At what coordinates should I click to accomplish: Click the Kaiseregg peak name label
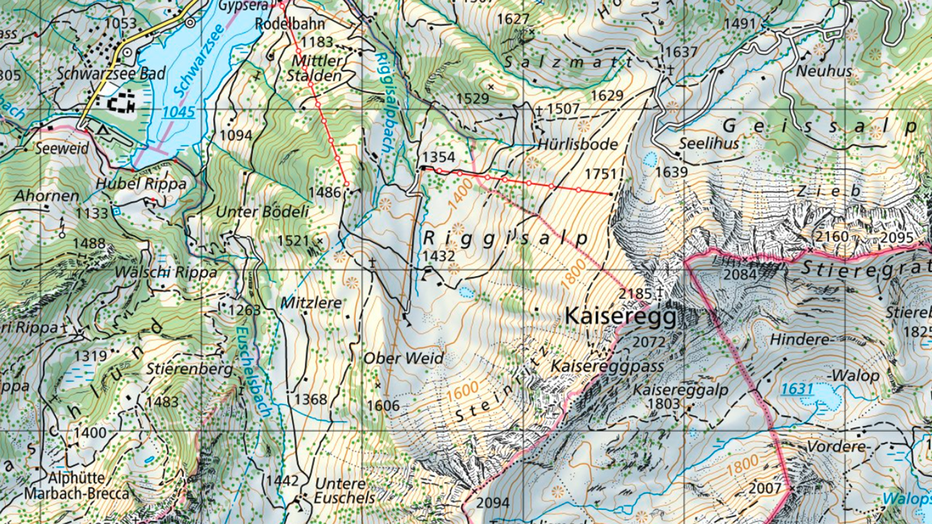click(x=620, y=317)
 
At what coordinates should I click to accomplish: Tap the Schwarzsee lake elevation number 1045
click(x=178, y=112)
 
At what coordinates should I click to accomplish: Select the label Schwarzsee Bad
click(x=112, y=73)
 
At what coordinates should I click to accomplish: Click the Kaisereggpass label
click(x=607, y=366)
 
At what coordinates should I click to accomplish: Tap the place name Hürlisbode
click(x=578, y=144)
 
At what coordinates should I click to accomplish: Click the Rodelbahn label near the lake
click(x=290, y=24)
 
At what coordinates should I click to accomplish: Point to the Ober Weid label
click(x=403, y=358)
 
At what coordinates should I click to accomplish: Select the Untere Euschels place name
click(x=345, y=490)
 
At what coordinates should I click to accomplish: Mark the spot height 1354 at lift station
click(x=439, y=157)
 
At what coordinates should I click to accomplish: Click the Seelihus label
click(x=709, y=143)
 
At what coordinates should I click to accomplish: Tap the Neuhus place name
click(x=824, y=71)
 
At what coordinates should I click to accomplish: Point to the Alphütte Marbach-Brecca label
click(x=76, y=486)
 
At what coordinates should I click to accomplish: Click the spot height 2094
click(x=493, y=502)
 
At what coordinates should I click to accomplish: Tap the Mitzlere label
click(x=311, y=302)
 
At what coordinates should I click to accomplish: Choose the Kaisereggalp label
click(x=680, y=390)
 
